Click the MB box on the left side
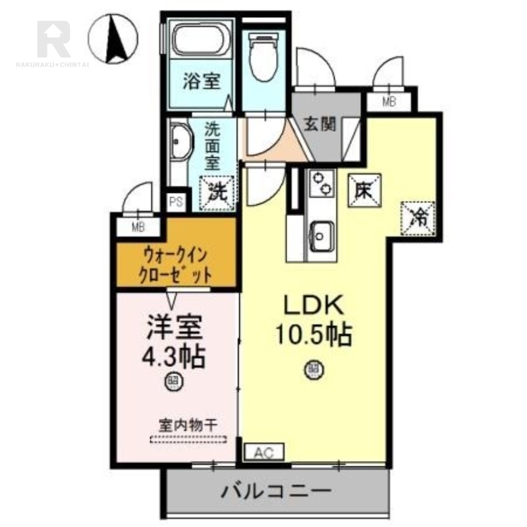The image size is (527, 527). [x=138, y=228]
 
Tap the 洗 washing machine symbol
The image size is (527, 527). [x=217, y=192]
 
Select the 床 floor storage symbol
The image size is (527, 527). [x=362, y=191]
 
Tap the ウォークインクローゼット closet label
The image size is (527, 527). [x=176, y=263]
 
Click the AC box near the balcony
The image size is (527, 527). [x=263, y=452]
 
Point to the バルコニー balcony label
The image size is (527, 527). [x=275, y=491]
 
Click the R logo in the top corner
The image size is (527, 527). [x=53, y=38]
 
